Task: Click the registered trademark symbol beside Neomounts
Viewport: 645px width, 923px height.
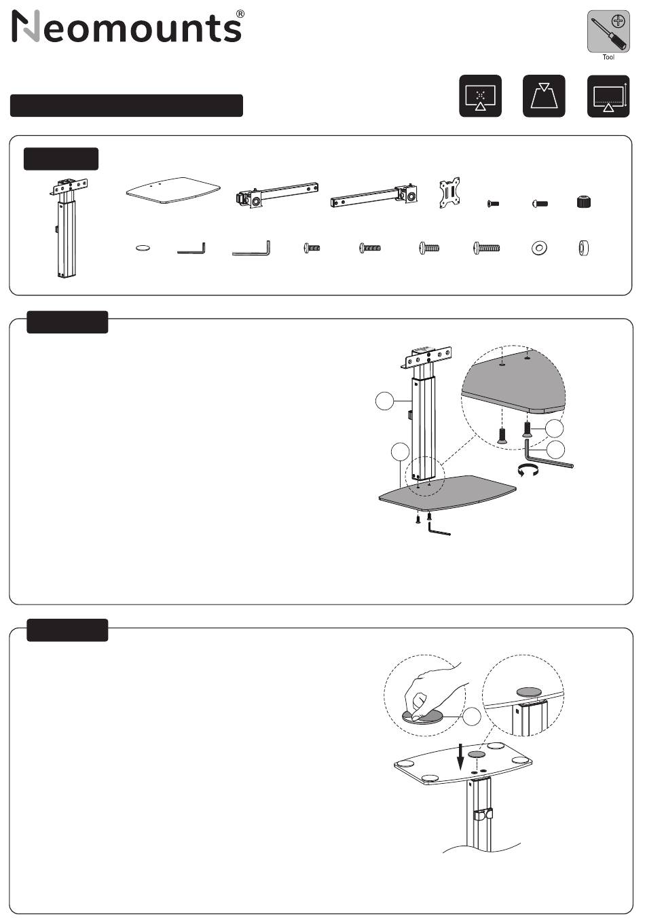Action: [240, 14]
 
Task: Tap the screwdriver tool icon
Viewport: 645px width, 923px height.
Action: [608, 31]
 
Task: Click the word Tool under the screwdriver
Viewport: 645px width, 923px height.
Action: [608, 58]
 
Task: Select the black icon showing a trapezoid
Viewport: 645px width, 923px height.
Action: [544, 96]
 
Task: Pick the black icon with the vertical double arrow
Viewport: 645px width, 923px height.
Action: [608, 96]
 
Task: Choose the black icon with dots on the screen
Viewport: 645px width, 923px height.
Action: [480, 96]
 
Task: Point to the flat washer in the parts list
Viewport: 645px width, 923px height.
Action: [538, 248]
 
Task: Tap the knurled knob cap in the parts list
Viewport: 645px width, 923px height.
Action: [583, 202]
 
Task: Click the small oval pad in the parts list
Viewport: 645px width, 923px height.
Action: [143, 249]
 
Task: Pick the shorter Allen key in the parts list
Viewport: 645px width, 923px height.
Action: [191, 250]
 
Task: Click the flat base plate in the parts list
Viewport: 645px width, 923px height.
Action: [174, 190]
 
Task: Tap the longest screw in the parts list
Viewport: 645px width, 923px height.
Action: [486, 248]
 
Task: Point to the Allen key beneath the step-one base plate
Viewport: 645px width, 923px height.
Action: [439, 530]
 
